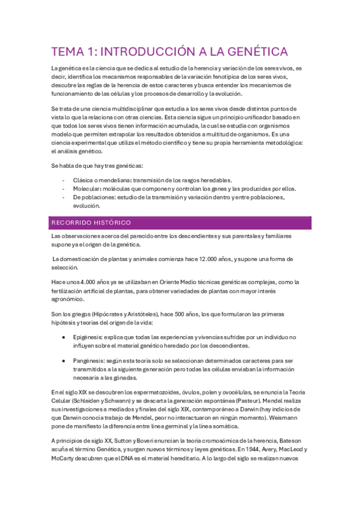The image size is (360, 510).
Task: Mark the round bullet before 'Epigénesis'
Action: pos(64,338)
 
